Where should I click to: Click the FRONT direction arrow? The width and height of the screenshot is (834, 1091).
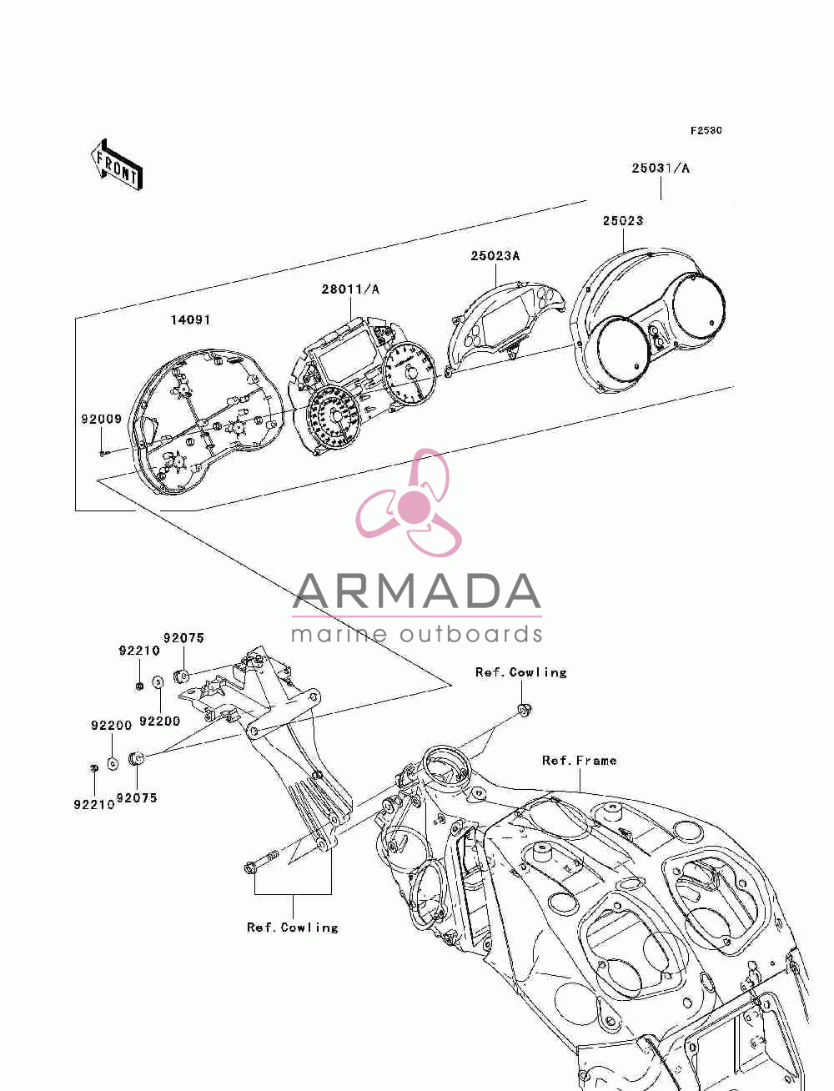[117, 164]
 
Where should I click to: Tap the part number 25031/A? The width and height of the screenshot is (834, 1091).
[660, 168]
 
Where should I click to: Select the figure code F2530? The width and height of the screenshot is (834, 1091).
[706, 130]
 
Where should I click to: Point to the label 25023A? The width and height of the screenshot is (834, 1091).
[495, 255]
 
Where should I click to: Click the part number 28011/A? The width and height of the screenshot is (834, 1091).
[350, 289]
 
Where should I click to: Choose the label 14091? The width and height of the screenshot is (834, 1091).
[190, 319]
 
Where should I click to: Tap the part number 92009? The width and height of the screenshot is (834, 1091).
[102, 419]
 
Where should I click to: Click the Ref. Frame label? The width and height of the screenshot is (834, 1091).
[579, 761]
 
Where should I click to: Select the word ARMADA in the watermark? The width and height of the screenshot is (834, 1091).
[416, 591]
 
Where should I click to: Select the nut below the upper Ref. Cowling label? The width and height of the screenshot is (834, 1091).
[523, 710]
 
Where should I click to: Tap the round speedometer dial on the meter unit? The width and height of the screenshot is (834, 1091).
[333, 416]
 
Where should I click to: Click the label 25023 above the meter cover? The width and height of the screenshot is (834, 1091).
[623, 220]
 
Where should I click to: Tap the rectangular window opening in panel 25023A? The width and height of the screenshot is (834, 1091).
[507, 318]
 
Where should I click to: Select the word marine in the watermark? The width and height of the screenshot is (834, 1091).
[339, 634]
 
